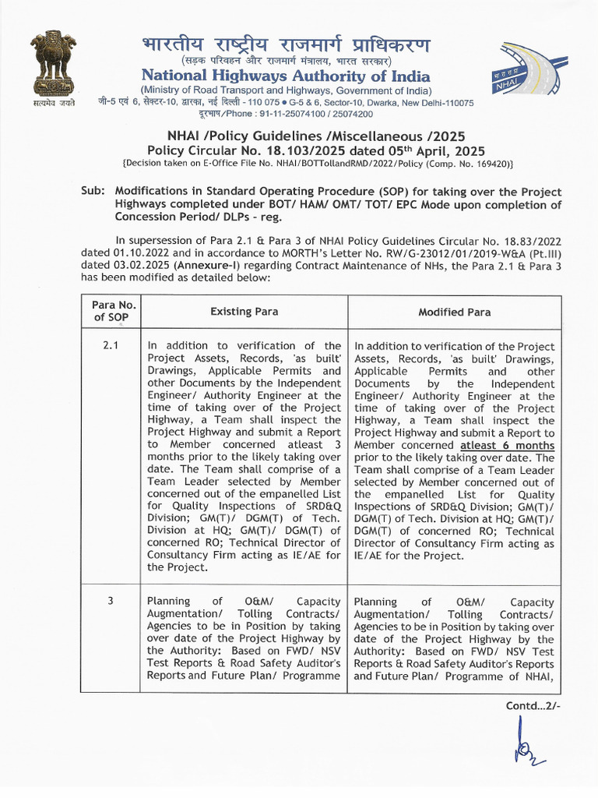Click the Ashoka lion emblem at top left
(x=53, y=67)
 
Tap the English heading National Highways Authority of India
(x=285, y=76)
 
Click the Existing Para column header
(x=244, y=312)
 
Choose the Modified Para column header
(x=454, y=312)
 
